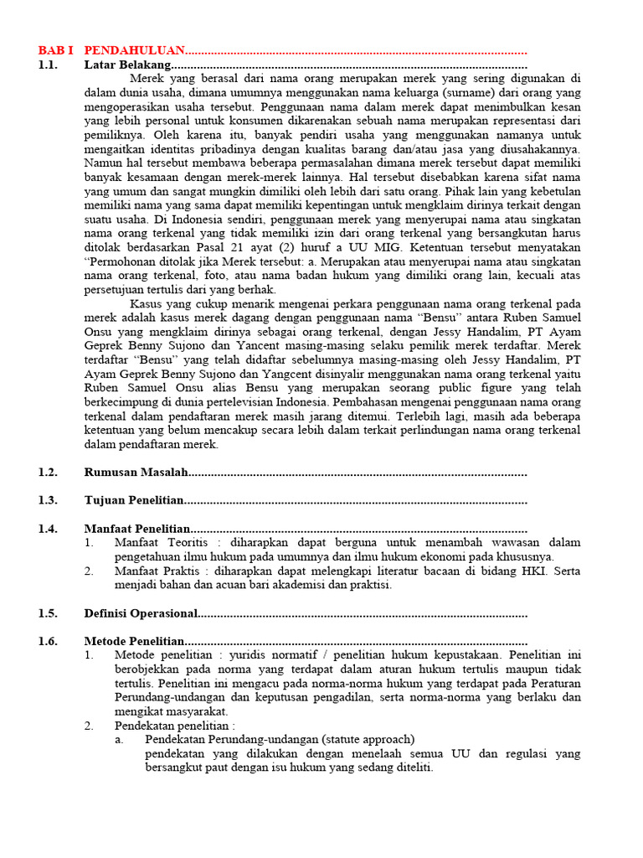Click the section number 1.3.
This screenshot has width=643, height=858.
(x=48, y=500)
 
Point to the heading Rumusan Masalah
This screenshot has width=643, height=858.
(x=136, y=472)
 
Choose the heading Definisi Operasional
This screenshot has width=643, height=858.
(x=141, y=613)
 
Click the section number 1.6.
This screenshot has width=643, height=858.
(x=48, y=641)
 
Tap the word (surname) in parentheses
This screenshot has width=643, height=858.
(x=474, y=92)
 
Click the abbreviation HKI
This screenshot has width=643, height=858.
(x=535, y=571)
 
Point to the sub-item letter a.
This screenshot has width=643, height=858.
(x=120, y=739)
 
